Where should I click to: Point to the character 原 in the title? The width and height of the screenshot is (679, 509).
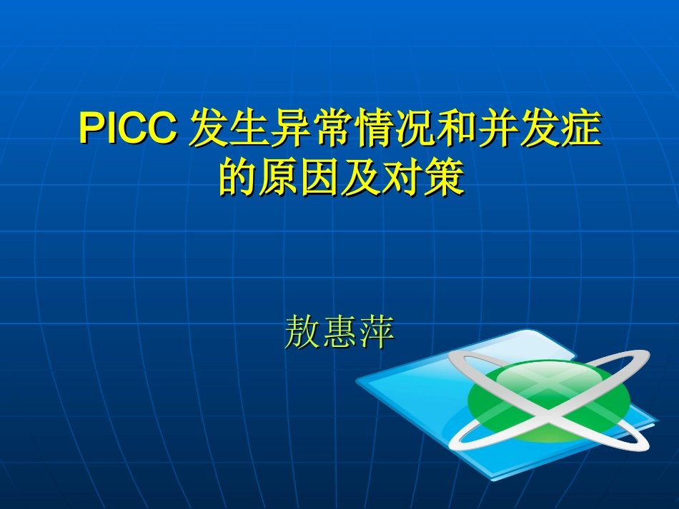click(279, 178)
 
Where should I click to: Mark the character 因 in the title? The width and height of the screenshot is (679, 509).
click(320, 178)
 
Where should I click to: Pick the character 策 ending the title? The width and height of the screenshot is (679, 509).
click(445, 178)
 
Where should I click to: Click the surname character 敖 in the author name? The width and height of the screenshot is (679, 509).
click(302, 332)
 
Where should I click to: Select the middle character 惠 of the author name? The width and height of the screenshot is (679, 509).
click(339, 332)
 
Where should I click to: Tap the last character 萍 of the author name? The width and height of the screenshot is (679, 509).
click(377, 332)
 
